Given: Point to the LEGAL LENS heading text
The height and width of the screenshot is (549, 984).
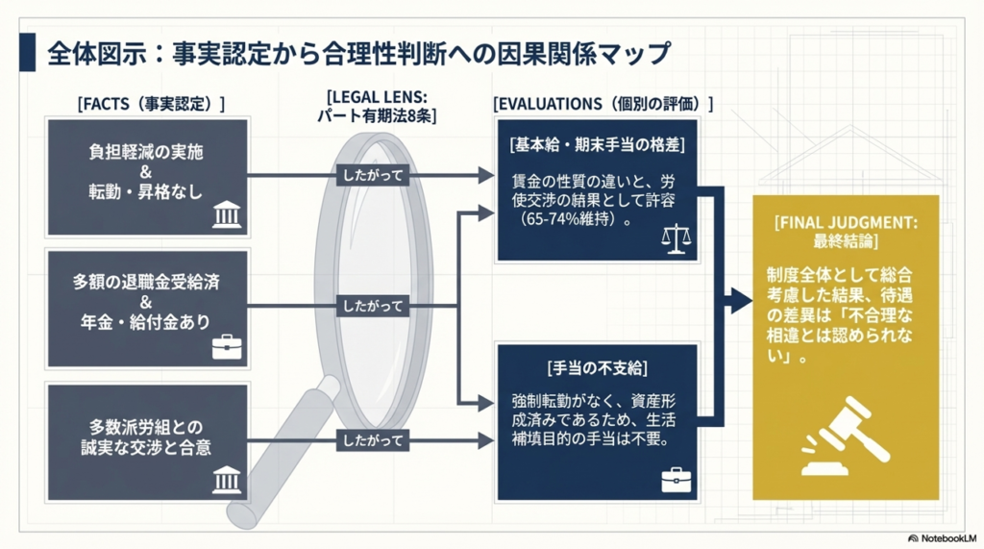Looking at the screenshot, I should (x=377, y=97).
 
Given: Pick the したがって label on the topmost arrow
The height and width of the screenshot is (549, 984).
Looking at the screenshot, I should (x=371, y=176).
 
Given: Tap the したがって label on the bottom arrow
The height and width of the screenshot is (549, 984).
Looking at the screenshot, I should (x=371, y=440).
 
